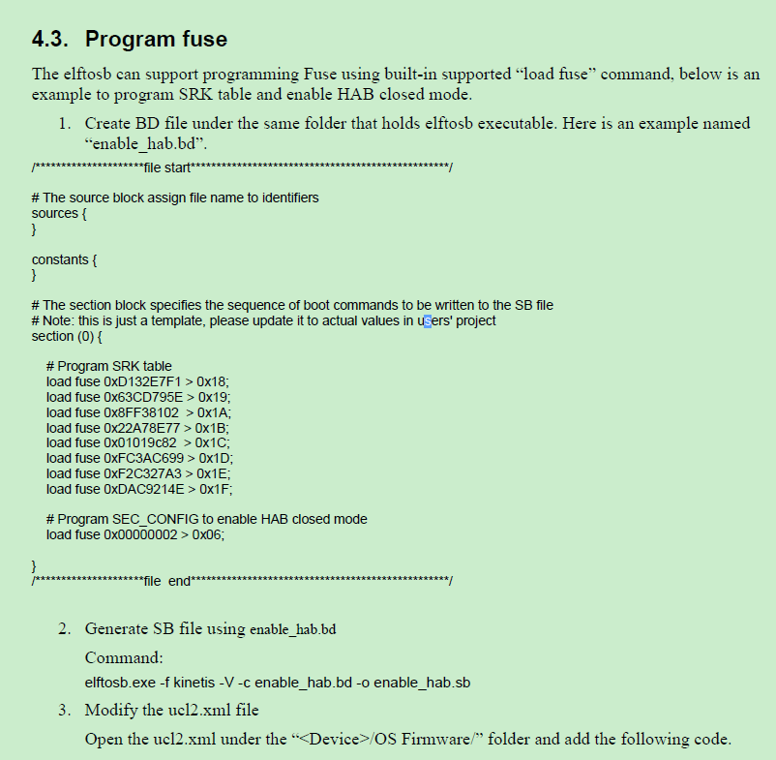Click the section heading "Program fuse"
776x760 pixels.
click(157, 40)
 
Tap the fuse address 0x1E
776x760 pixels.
click(214, 473)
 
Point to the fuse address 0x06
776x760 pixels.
click(209, 534)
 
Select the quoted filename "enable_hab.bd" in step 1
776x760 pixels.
click(146, 144)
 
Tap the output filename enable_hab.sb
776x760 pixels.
click(422, 683)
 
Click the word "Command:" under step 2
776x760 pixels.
click(123, 658)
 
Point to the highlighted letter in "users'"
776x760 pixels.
click(427, 320)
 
